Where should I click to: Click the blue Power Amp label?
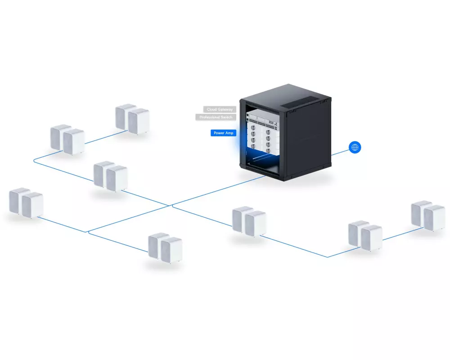tap(223, 133)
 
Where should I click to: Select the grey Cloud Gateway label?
tap(219, 109)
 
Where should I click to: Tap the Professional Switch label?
tap(216, 117)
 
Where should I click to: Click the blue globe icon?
tap(355, 147)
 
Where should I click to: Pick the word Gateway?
tap(226, 109)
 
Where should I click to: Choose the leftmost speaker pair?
tap(26, 204)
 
